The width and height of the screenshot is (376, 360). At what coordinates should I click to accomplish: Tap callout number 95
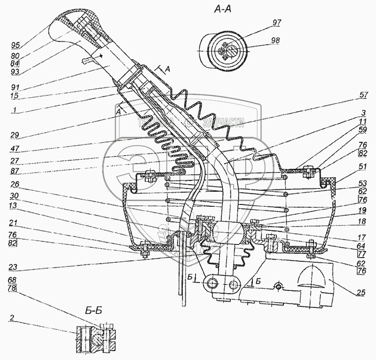point(16,46)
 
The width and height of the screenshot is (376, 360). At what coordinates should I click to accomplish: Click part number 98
point(275,41)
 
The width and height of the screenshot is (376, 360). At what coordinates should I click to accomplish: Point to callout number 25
point(360,293)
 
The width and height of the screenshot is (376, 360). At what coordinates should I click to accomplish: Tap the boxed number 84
point(16,63)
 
